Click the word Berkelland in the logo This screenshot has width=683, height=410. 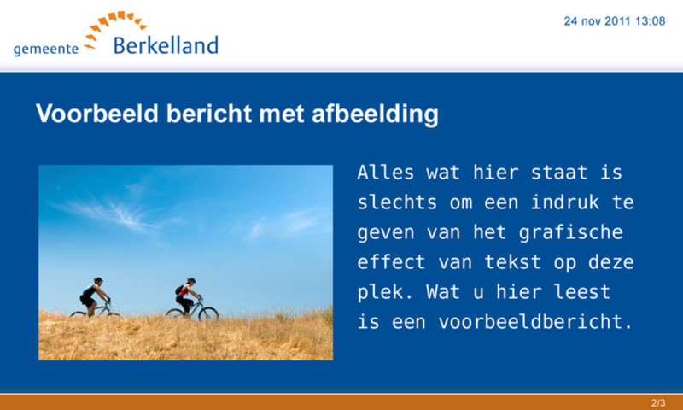(166, 45)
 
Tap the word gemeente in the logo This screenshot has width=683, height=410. (46, 49)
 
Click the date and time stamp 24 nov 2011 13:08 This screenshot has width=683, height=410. (615, 21)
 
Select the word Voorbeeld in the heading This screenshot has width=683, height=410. (97, 114)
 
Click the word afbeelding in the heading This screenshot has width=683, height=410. (375, 114)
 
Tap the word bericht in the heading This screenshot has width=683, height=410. (209, 114)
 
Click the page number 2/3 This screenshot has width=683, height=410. (658, 402)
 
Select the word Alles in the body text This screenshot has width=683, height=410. (386, 173)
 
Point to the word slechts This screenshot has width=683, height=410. (397, 202)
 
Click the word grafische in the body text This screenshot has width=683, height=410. (570, 233)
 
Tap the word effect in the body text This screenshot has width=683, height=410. (391, 262)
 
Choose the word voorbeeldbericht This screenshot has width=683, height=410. (535, 322)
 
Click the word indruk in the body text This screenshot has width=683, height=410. (565, 202)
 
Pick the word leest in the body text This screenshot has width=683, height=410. (582, 292)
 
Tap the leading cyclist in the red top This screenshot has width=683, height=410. (189, 296)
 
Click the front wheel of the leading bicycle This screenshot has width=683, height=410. (208, 314)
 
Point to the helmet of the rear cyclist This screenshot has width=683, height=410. (98, 279)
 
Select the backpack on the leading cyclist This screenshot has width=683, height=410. (179, 290)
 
